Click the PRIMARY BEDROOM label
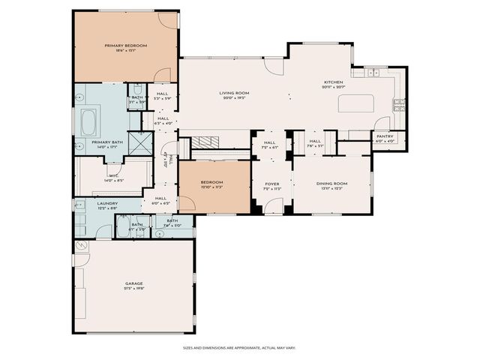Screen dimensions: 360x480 pyautogui.click(x=125, y=46)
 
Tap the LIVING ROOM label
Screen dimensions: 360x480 pyautogui.click(x=234, y=93)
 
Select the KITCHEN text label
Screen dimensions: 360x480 pyautogui.click(x=333, y=82)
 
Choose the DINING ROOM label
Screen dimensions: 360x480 pyautogui.click(x=331, y=183)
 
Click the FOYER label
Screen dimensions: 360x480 pyautogui.click(x=271, y=183)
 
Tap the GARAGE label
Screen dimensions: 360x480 pyautogui.click(x=134, y=283)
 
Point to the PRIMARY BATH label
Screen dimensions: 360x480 pyautogui.click(x=107, y=142)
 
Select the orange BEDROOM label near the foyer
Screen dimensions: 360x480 pyautogui.click(x=212, y=182)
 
